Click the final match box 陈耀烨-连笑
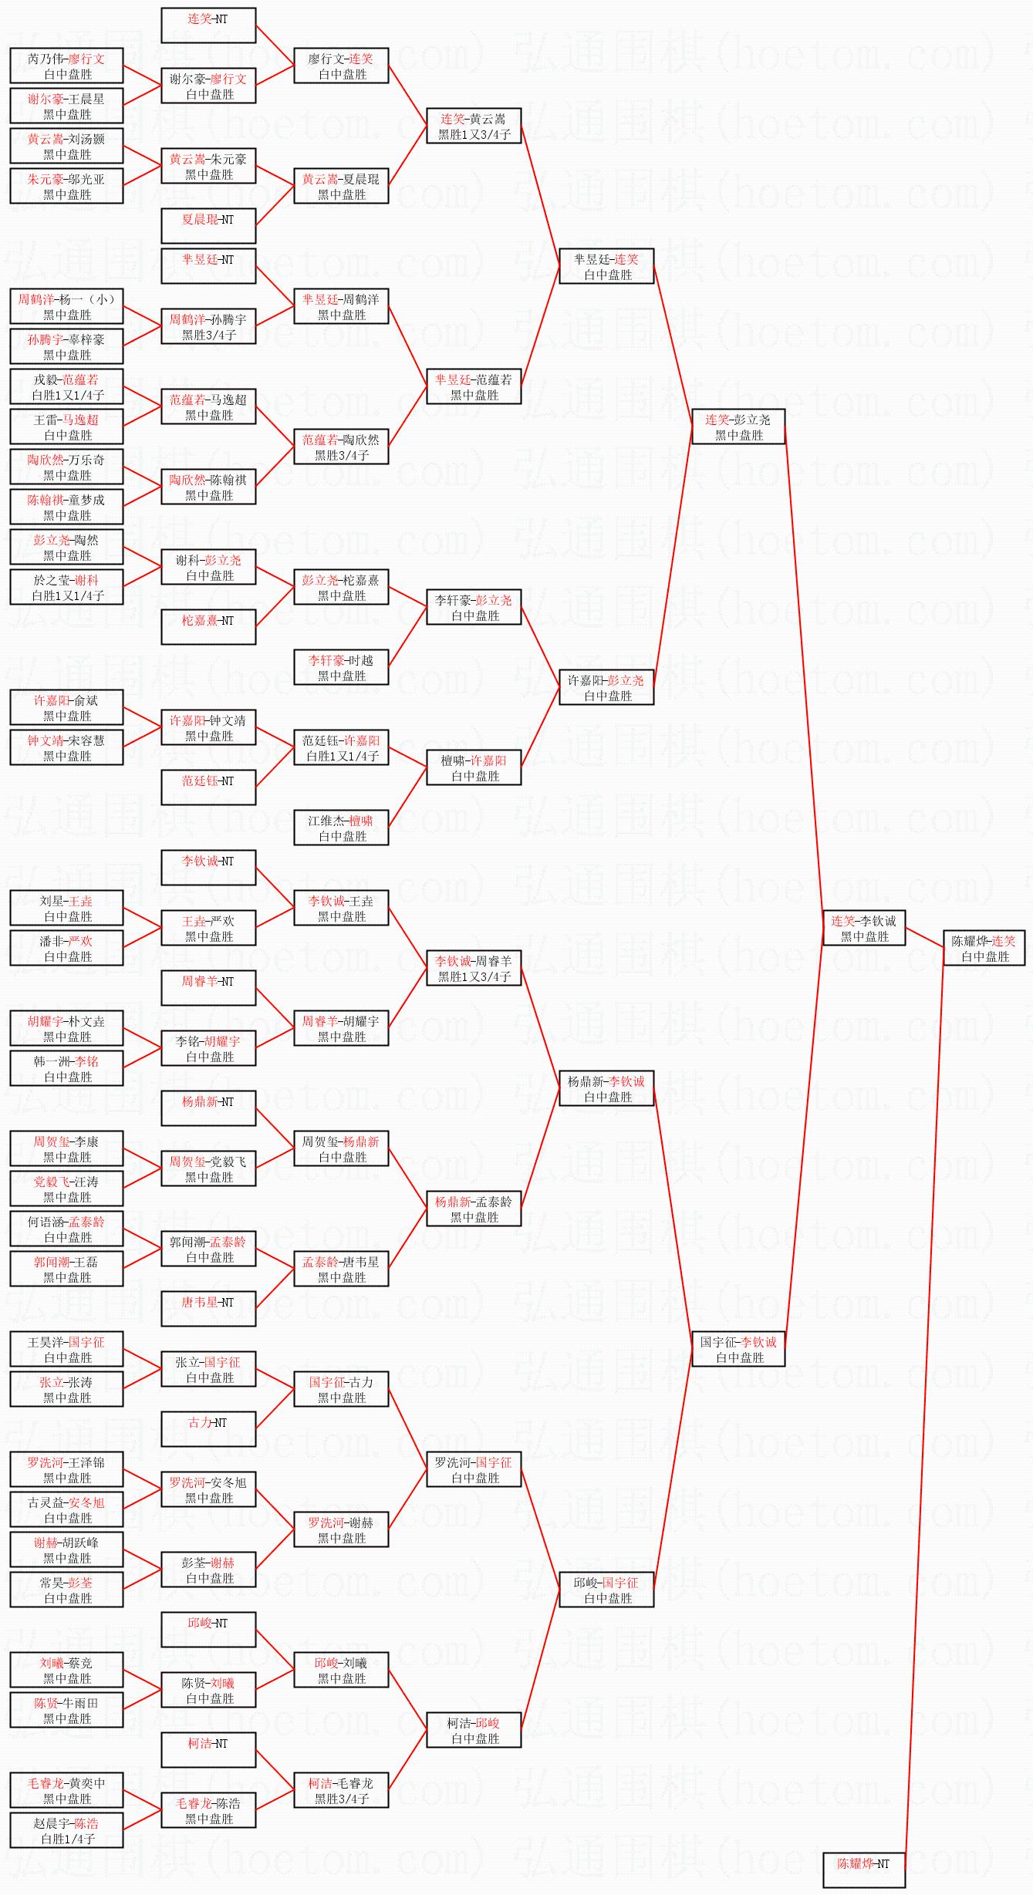(x=984, y=948)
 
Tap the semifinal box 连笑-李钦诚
(x=863, y=928)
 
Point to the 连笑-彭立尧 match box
(x=738, y=427)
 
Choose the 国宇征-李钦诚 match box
(x=738, y=1349)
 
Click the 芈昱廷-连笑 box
(x=606, y=266)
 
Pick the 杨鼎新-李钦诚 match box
(x=606, y=1088)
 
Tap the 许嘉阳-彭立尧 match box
(x=606, y=687)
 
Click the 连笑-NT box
(x=208, y=25)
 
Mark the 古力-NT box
(x=208, y=1429)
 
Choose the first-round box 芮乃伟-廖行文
(x=66, y=66)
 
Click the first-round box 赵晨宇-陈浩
(x=66, y=1830)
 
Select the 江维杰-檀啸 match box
(x=341, y=828)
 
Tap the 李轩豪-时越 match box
(x=341, y=667)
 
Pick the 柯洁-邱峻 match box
(x=474, y=1730)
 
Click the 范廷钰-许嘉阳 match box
(x=341, y=747)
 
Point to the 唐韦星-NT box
(x=208, y=1309)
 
